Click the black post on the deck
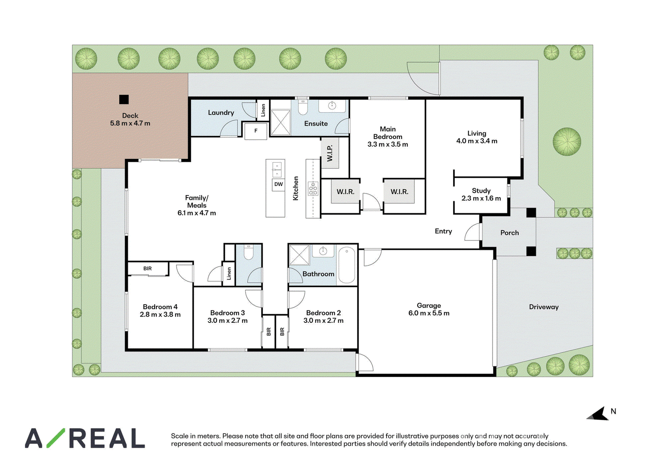pyautogui.click(x=124, y=99)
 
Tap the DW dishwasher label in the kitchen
pyautogui.click(x=278, y=184)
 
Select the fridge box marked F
pyautogui.click(x=256, y=131)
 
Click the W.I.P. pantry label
pyautogui.click(x=330, y=153)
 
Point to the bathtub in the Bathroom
pyautogui.click(x=347, y=265)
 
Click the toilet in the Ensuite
pyautogui.click(x=303, y=108)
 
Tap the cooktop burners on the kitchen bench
pyautogui.click(x=313, y=189)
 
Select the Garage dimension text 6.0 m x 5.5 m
pyautogui.click(x=429, y=313)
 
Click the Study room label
pyautogui.click(x=481, y=191)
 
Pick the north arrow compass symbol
pyautogui.click(x=598, y=414)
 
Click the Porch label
pyautogui.click(x=510, y=233)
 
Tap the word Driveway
pyautogui.click(x=544, y=307)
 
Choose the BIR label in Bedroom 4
pyautogui.click(x=148, y=268)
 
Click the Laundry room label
pyautogui.click(x=221, y=113)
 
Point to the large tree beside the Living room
pyautogui.click(x=567, y=141)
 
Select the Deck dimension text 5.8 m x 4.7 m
pyautogui.click(x=130, y=123)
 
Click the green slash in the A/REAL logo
pyautogui.click(x=56, y=438)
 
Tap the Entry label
pyautogui.click(x=443, y=231)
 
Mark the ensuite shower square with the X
pyautogui.click(x=281, y=122)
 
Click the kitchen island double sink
pyautogui.click(x=277, y=170)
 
